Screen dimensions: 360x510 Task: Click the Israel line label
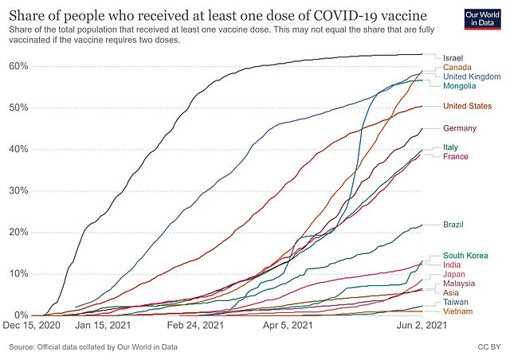click(x=453, y=57)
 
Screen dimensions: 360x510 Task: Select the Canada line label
click(x=457, y=67)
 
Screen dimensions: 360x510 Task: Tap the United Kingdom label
click(x=472, y=76)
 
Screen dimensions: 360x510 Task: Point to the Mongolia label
click(x=461, y=85)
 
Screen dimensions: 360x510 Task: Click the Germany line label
click(x=460, y=128)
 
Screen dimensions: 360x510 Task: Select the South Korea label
click(x=466, y=256)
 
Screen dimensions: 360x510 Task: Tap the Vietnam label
click(x=458, y=311)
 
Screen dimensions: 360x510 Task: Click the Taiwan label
click(x=456, y=303)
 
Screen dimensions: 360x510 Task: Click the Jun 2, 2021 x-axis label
click(x=422, y=326)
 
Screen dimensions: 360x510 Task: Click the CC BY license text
click(x=489, y=347)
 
